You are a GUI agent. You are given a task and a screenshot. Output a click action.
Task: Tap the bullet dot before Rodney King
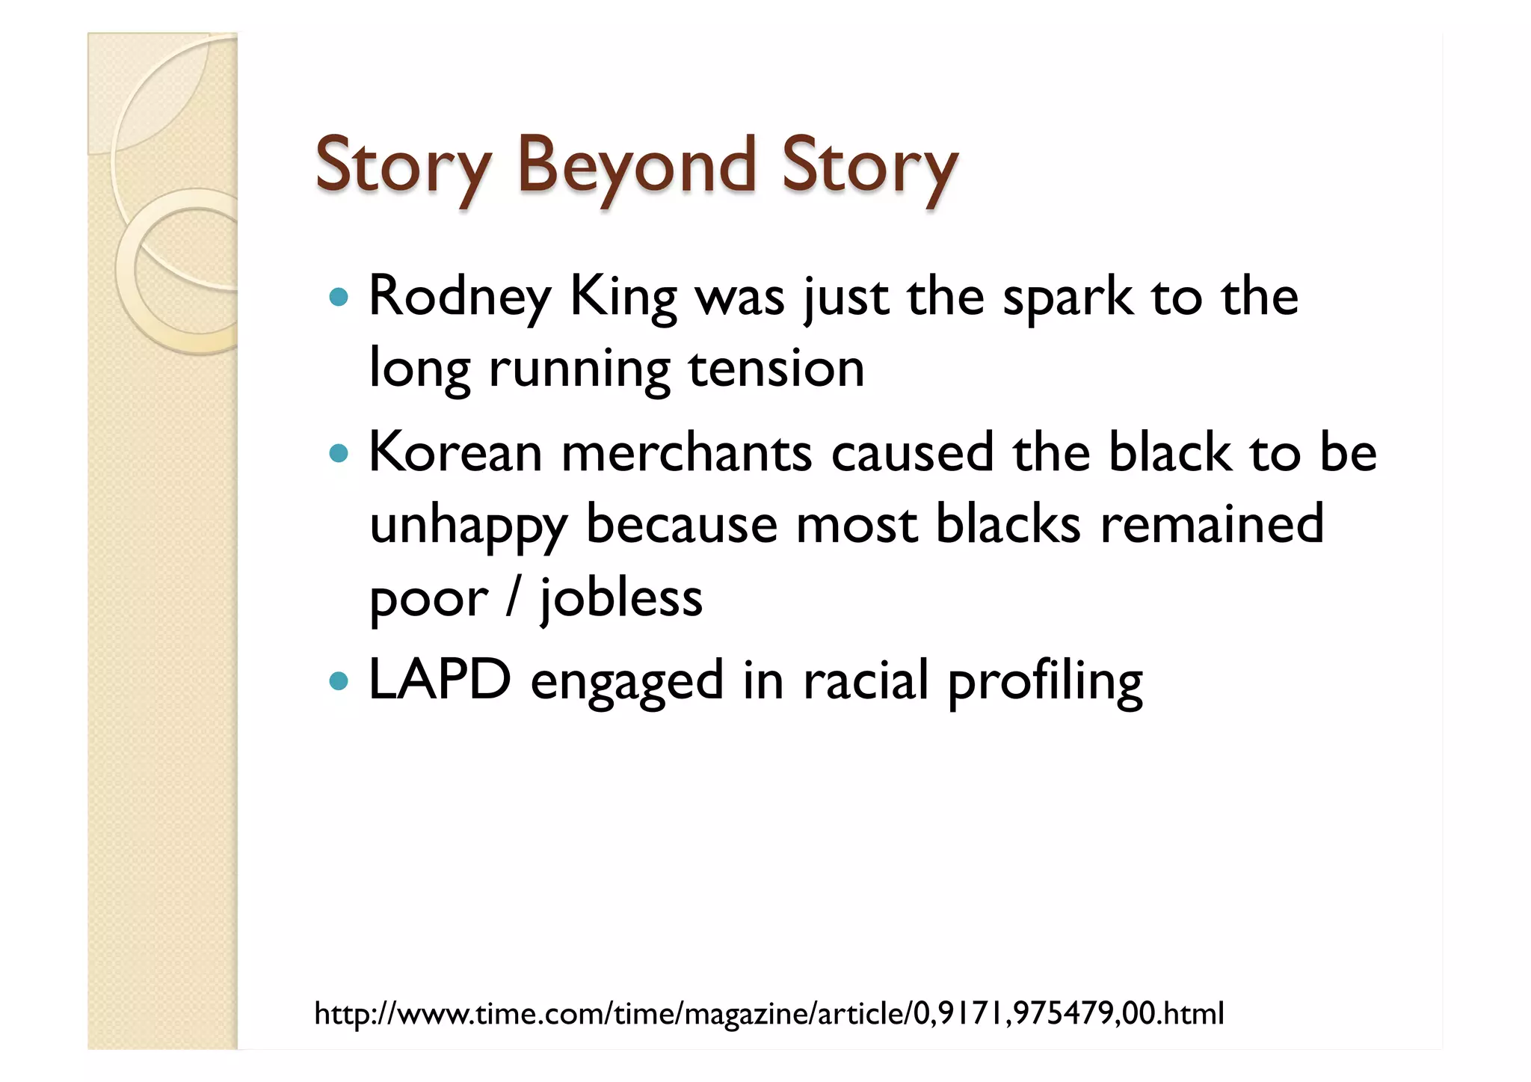click(339, 297)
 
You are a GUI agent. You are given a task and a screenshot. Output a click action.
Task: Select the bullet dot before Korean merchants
click(339, 453)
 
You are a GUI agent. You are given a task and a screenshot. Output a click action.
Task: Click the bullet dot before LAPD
click(339, 681)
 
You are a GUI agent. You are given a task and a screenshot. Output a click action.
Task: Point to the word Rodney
click(460, 298)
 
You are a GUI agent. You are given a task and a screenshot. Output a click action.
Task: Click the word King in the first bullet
click(623, 298)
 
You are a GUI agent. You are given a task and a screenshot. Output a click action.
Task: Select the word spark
click(1067, 298)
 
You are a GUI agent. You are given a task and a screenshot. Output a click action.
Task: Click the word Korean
click(455, 453)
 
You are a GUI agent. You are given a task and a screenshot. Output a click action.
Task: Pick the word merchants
click(686, 453)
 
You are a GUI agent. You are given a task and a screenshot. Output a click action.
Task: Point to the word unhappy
click(468, 525)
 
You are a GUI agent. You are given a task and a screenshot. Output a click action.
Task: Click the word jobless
click(621, 598)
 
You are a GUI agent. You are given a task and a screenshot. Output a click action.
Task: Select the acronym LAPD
click(440, 680)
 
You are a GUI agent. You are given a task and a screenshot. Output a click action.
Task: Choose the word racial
click(865, 680)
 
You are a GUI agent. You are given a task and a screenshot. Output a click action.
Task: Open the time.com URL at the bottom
click(768, 1014)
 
